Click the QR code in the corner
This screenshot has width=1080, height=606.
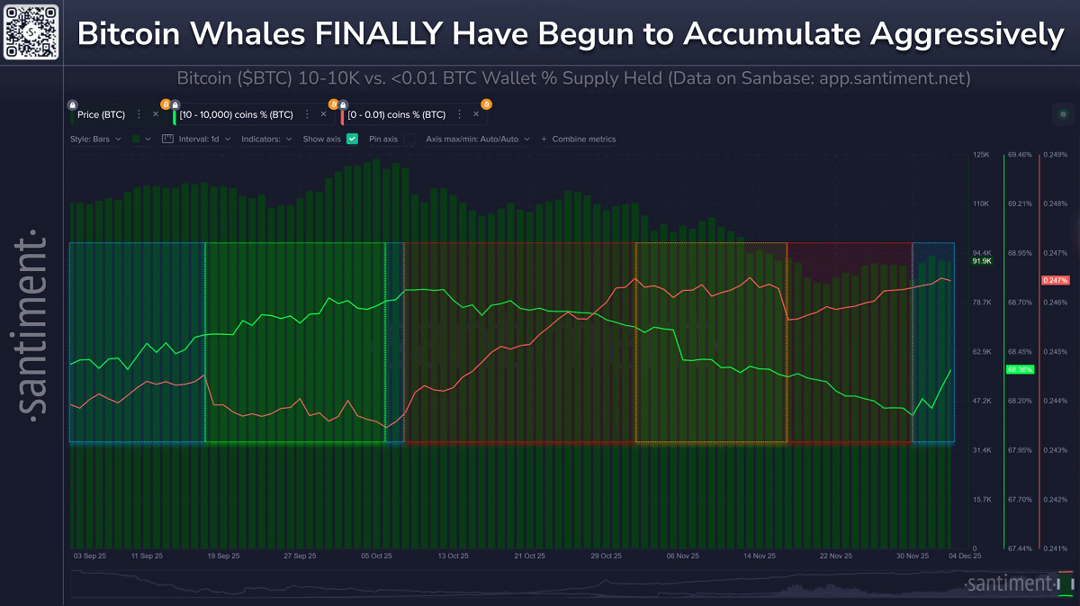31,32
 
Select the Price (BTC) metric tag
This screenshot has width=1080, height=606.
101,114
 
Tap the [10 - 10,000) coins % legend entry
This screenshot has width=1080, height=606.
237,114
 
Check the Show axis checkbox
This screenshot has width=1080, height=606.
352,139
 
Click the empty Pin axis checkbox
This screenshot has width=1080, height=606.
409,139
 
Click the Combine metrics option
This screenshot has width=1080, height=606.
583,139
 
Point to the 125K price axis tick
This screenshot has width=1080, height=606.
981,155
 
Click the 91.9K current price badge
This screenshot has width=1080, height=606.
982,261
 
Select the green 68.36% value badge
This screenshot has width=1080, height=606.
1020,370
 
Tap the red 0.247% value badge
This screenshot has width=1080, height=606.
1055,281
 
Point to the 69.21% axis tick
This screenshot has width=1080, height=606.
1021,204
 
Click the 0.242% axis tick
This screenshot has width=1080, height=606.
1054,499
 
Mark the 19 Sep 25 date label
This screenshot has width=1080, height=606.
224,556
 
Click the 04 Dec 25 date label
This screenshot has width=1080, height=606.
964,556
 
